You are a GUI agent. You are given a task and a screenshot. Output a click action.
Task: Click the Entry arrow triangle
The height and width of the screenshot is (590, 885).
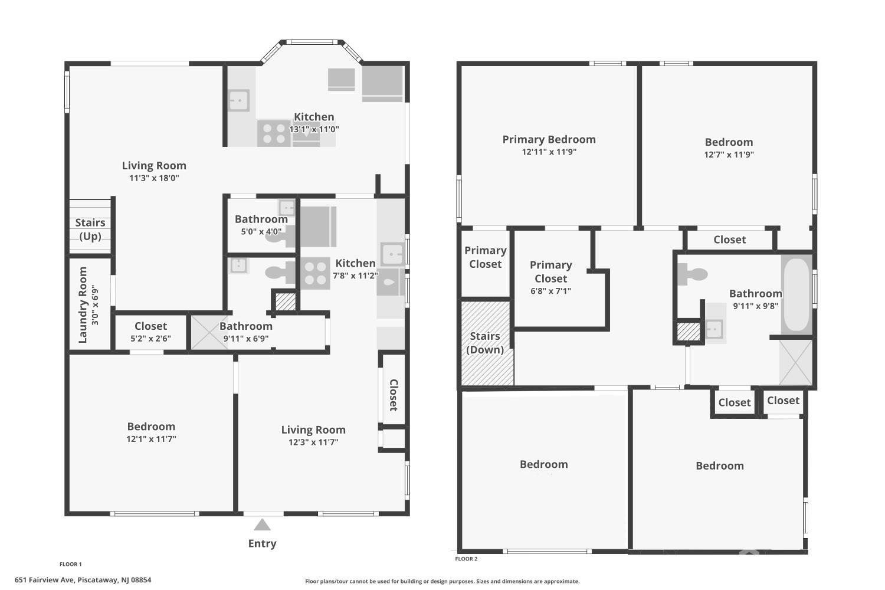tap(262, 525)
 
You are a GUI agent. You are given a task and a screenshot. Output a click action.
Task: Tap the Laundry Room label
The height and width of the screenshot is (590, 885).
tap(83, 305)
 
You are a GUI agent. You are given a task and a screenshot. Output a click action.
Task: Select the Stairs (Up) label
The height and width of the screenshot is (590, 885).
tap(90, 230)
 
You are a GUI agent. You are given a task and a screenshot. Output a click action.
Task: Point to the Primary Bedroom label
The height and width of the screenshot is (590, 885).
tap(549, 139)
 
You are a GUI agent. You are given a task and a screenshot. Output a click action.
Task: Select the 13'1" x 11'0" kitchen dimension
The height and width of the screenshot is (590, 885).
tap(314, 129)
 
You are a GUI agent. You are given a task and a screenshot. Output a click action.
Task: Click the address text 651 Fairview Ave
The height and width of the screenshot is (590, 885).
tap(83, 580)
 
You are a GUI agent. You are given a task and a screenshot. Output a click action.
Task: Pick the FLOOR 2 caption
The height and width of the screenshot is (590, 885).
tap(466, 559)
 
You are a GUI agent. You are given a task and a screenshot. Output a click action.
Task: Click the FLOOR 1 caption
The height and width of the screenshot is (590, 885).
tap(71, 564)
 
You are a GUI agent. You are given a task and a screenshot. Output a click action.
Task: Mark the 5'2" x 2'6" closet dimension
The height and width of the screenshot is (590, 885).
tap(150, 339)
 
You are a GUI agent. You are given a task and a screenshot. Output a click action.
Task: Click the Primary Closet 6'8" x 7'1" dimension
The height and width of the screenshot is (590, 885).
tap(550, 291)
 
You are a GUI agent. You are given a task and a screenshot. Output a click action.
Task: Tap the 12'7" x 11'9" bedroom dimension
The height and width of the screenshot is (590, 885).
tap(729, 155)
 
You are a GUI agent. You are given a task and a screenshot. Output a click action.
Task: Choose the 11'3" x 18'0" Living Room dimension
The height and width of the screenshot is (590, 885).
tap(154, 178)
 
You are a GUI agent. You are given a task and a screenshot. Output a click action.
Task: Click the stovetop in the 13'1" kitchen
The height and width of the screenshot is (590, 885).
tap(273, 133)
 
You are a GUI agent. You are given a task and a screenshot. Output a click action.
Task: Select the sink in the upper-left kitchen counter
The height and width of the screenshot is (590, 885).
tap(239, 100)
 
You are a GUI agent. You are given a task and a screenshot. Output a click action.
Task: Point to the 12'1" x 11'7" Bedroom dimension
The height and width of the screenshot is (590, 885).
tap(151, 439)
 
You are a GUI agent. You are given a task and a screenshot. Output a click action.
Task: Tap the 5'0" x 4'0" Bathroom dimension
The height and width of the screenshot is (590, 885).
tap(261, 232)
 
